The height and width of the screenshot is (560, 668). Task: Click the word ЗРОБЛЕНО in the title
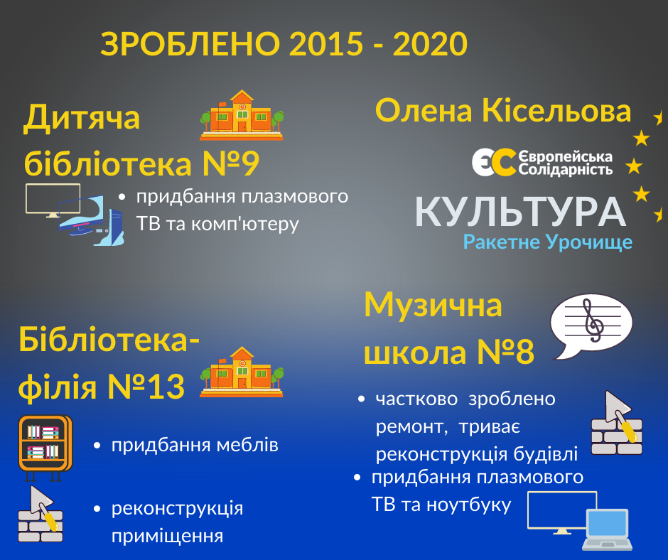[x=190, y=44]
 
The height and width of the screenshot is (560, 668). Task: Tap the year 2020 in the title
[x=430, y=44]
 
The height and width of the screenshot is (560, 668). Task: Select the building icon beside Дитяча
[x=242, y=115]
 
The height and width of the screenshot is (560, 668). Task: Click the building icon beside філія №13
[x=242, y=372]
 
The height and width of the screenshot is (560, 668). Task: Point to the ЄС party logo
[x=493, y=162]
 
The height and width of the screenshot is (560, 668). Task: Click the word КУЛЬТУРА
[x=520, y=212]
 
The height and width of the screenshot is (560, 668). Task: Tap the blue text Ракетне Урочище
[x=547, y=242]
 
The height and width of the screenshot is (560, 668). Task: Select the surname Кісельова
[x=556, y=111]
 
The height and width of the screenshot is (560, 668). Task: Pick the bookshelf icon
[x=45, y=448]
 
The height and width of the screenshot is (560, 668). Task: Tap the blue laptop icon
[x=607, y=529]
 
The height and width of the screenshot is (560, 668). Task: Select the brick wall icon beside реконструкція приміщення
[x=41, y=514]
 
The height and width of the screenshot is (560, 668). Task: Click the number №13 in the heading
[x=146, y=386]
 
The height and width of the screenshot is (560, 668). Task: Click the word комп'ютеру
[x=245, y=224]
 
